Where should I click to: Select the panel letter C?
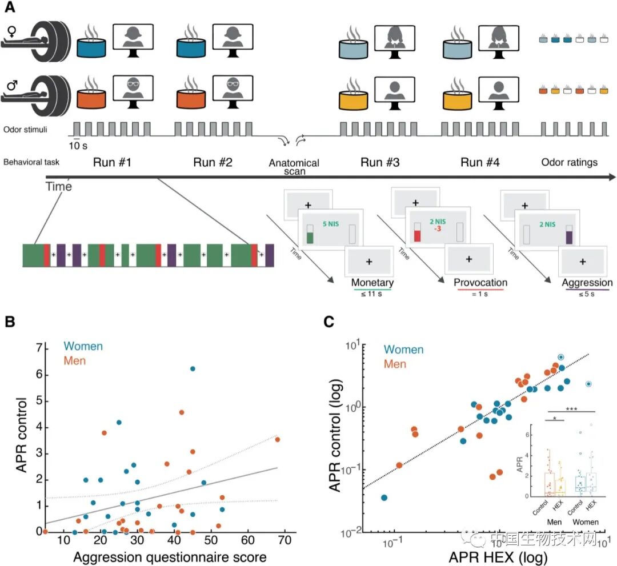pos(330,323)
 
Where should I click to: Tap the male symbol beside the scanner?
pos(11,87)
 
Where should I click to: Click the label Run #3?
pos(379,162)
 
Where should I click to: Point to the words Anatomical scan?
pos(294,167)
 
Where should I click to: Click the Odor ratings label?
pos(568,162)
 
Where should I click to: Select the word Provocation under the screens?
pos(480,283)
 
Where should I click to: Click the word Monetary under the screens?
pos(372,283)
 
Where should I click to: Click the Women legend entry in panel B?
pos(83,347)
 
